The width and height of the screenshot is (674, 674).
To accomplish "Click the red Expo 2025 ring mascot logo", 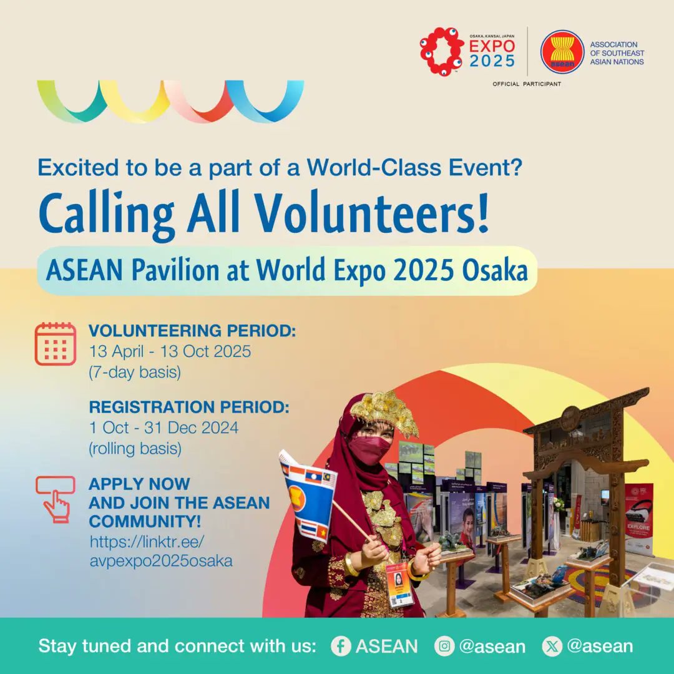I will click(441, 51).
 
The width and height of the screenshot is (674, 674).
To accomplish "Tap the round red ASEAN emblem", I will click(562, 52).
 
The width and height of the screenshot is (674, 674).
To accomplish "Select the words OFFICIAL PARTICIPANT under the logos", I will click(527, 84).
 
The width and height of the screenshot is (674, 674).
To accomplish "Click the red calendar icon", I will click(56, 343).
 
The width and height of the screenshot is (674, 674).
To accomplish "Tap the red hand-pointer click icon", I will click(56, 499).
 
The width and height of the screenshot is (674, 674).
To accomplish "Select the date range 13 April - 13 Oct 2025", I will click(170, 351).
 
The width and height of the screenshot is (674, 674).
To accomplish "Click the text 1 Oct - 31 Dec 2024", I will click(164, 428).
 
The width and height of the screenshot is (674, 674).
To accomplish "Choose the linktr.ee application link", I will click(160, 550).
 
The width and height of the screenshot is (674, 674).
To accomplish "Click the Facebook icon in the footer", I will click(341, 646).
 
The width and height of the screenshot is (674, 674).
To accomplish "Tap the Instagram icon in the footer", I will click(444, 646).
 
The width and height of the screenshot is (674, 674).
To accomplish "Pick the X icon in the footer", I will click(552, 646).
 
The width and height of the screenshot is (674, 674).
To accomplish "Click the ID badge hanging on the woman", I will click(399, 584).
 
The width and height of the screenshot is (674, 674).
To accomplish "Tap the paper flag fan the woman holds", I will click(308, 493).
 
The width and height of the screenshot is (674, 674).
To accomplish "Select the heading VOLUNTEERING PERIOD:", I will click(192, 331).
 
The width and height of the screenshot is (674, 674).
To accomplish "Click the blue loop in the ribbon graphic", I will click(265, 100).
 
